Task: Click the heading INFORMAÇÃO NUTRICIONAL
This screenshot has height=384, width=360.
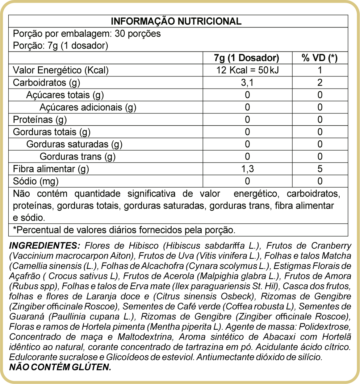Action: point(176,21)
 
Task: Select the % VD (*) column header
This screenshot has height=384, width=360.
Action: point(320,58)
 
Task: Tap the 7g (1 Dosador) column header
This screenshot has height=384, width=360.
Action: point(247,58)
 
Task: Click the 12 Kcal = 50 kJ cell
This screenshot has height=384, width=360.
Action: point(247,70)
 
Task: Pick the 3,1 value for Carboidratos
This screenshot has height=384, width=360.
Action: point(247,83)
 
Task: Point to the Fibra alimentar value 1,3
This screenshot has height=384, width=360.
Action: point(247,169)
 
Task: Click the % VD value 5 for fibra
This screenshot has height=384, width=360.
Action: point(320,169)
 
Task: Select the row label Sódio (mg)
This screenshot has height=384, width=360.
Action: point(36,181)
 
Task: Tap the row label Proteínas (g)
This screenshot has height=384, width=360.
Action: point(40,120)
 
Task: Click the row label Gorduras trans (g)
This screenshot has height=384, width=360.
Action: point(77,157)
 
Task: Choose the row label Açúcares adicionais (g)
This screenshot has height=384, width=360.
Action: point(88,107)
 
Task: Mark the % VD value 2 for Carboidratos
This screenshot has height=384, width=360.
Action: point(320,83)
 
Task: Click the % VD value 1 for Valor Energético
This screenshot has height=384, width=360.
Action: point(320,70)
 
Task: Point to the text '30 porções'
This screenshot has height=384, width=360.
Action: point(138,34)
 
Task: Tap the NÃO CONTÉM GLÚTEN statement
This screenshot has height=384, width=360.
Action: point(60,367)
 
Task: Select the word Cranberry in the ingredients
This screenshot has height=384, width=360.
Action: point(331,246)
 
